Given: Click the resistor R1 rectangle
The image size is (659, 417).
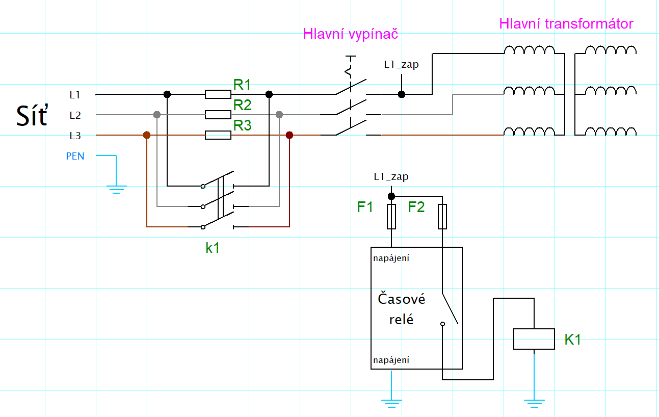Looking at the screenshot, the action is [x=218, y=94].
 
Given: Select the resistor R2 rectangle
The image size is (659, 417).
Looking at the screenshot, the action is [x=218, y=115].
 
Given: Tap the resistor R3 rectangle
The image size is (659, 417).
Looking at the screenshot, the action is [x=218, y=135].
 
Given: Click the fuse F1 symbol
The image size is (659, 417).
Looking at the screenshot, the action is [x=391, y=217].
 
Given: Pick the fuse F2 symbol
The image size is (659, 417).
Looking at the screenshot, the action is [x=442, y=217].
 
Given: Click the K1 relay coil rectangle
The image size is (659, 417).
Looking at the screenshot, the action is [x=534, y=339].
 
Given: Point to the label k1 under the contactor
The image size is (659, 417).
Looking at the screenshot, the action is [x=213, y=248].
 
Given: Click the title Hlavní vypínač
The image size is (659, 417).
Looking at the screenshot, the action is [x=350, y=34].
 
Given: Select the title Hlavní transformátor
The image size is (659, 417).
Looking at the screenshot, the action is [x=566, y=23].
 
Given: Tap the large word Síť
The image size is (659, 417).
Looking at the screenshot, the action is [x=32, y=115].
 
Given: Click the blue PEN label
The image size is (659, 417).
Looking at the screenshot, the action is [x=75, y=156].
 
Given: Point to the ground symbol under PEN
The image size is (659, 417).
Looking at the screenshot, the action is [x=117, y=190].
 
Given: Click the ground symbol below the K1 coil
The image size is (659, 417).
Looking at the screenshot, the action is [x=534, y=404].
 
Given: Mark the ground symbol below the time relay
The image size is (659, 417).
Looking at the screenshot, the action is [x=391, y=404].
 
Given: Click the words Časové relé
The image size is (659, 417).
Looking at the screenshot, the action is [x=401, y=309].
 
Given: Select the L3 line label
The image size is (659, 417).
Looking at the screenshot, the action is [x=75, y=136].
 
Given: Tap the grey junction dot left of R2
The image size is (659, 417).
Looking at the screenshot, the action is [x=157, y=115].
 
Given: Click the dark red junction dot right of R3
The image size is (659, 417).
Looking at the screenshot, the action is [x=289, y=135].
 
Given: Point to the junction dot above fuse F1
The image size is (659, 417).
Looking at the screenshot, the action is [x=391, y=196].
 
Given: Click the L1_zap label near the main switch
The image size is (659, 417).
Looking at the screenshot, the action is [x=401, y=64].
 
